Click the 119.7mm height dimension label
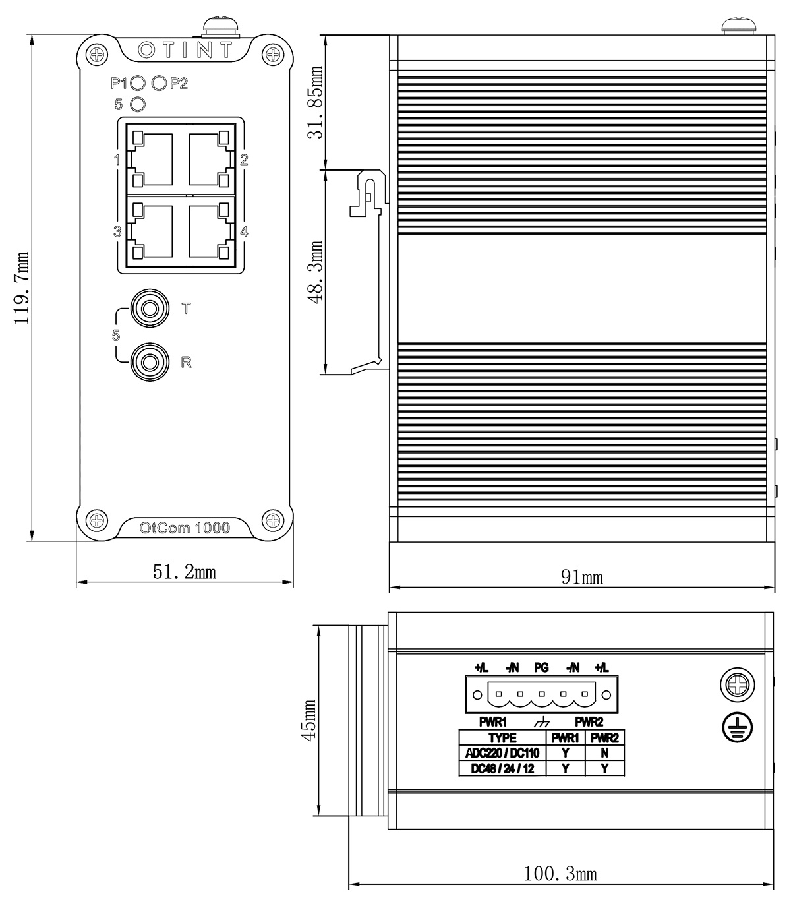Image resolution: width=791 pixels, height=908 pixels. pos(21,288)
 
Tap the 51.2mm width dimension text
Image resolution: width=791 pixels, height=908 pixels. pos(185,572)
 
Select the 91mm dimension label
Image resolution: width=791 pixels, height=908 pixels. pos(582,577)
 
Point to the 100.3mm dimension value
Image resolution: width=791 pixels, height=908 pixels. pos(560,874)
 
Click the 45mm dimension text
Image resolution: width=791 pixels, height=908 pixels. pos(308,719)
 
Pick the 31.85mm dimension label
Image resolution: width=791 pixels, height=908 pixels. pos(316,102)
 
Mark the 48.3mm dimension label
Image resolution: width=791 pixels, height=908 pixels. pos(316,272)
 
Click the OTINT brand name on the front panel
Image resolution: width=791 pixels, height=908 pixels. pos(185,49)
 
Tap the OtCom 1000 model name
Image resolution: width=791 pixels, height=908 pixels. pos(185,528)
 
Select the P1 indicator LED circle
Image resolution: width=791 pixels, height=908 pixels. pos(138,83)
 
